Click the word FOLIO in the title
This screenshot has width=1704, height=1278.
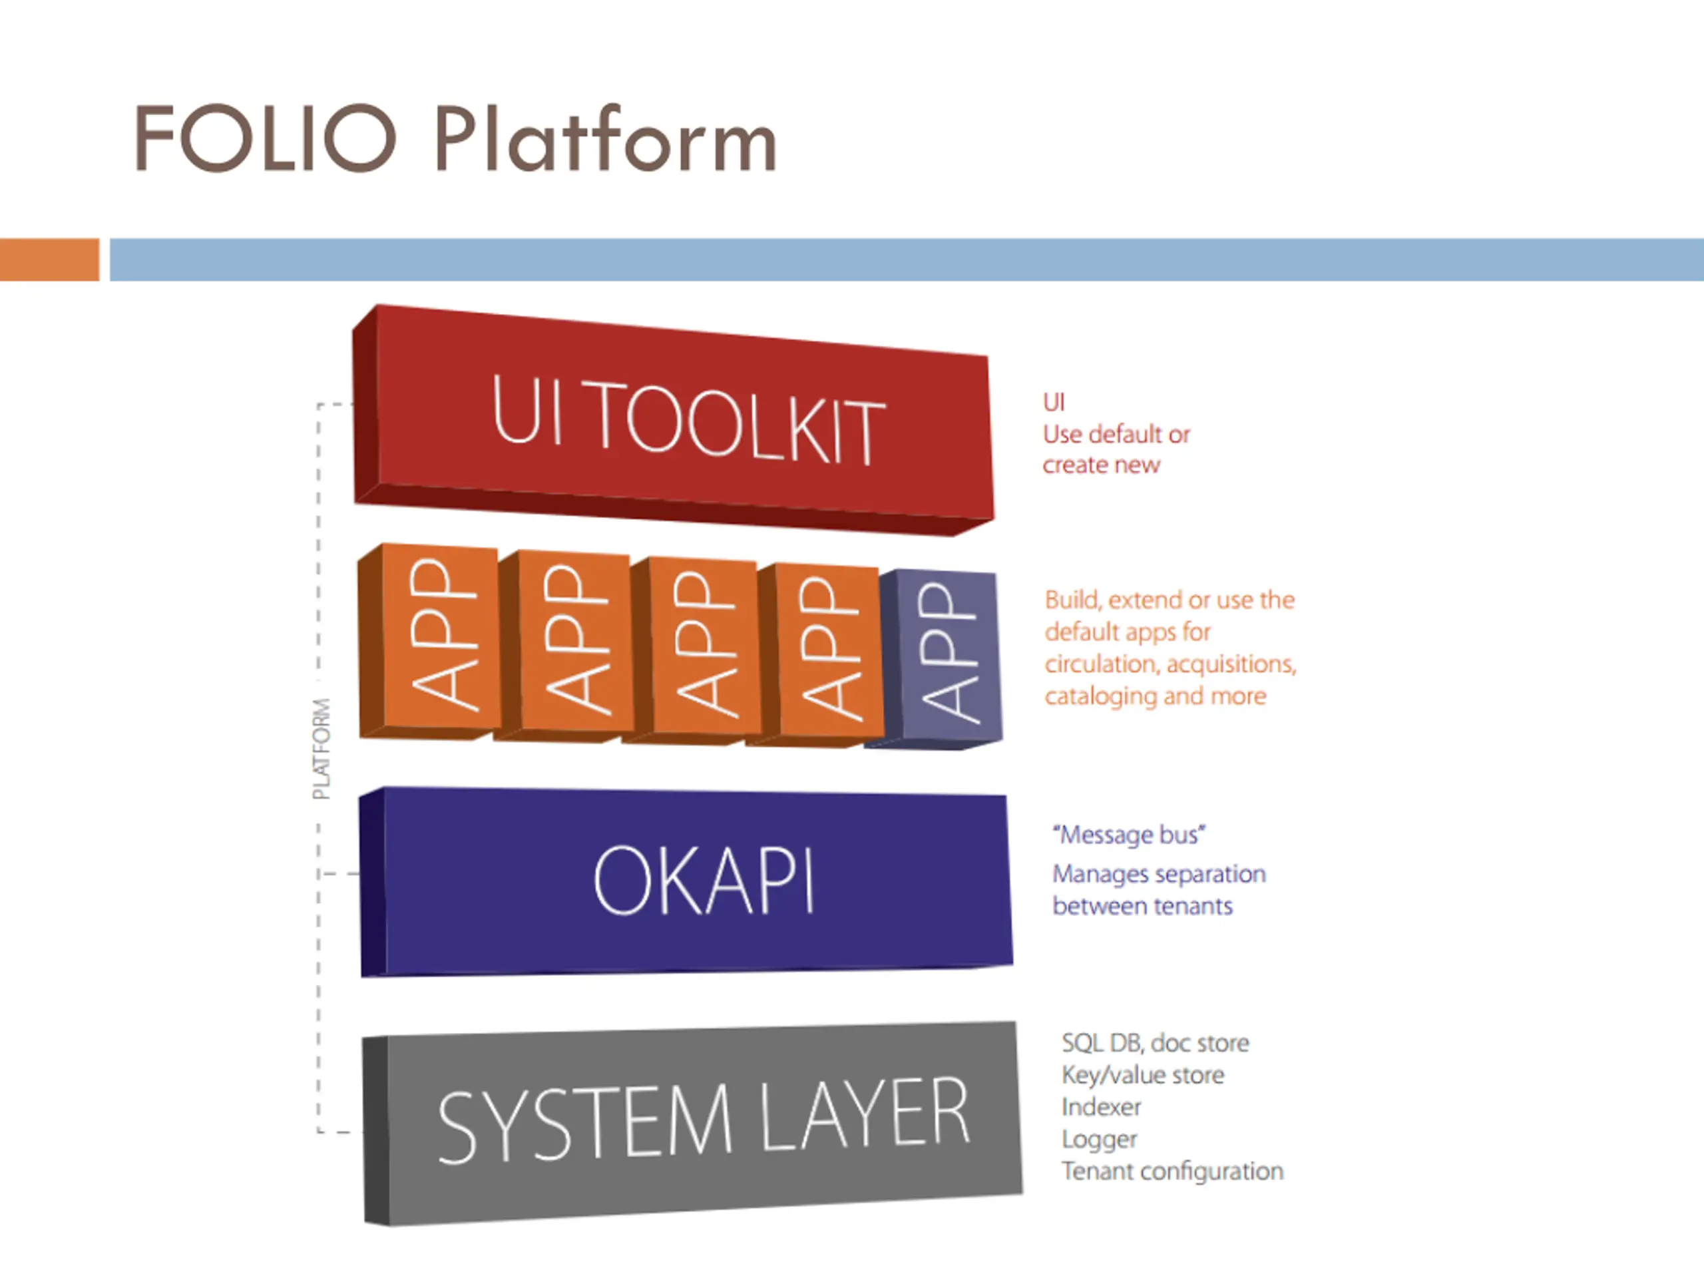pyautogui.click(x=265, y=138)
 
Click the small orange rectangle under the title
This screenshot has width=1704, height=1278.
pyautogui.click(x=49, y=260)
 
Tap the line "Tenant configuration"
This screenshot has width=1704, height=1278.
pyautogui.click(x=1172, y=1171)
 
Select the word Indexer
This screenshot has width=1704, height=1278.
pyautogui.click(x=1101, y=1107)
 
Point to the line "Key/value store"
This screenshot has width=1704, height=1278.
pyautogui.click(x=1142, y=1074)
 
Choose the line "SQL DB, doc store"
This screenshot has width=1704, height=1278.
pyautogui.click(x=1155, y=1043)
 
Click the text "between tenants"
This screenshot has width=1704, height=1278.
pyautogui.click(x=1142, y=906)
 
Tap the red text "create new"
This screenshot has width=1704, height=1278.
pyautogui.click(x=1101, y=465)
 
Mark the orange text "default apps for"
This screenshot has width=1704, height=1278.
pyautogui.click(x=1128, y=632)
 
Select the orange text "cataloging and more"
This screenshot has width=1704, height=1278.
pyautogui.click(x=1156, y=696)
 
